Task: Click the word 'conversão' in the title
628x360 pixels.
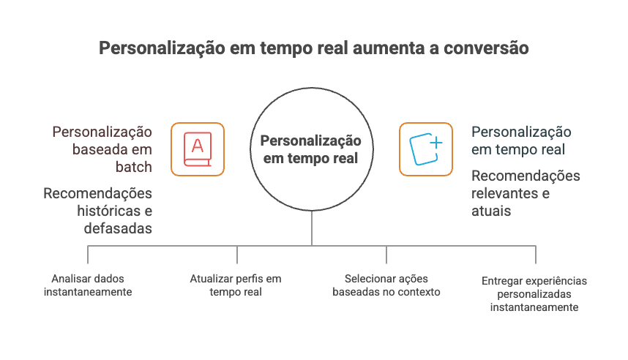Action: point(485,49)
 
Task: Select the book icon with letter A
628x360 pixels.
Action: point(198,149)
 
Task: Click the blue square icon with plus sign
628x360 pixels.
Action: point(425,149)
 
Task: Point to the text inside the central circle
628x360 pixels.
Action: point(312,149)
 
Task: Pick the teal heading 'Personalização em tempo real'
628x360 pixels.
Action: point(520,141)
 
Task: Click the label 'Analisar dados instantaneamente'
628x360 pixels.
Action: point(87,285)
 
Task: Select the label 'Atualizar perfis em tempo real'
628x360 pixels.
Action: point(236,285)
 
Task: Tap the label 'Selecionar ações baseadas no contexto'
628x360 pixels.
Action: point(386,285)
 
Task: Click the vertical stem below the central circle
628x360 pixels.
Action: point(312,228)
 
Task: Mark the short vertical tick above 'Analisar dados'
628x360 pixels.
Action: point(88,255)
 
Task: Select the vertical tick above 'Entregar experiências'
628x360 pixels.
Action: point(535,255)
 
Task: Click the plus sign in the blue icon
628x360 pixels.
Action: point(436,143)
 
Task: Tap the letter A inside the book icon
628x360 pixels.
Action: point(197,145)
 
